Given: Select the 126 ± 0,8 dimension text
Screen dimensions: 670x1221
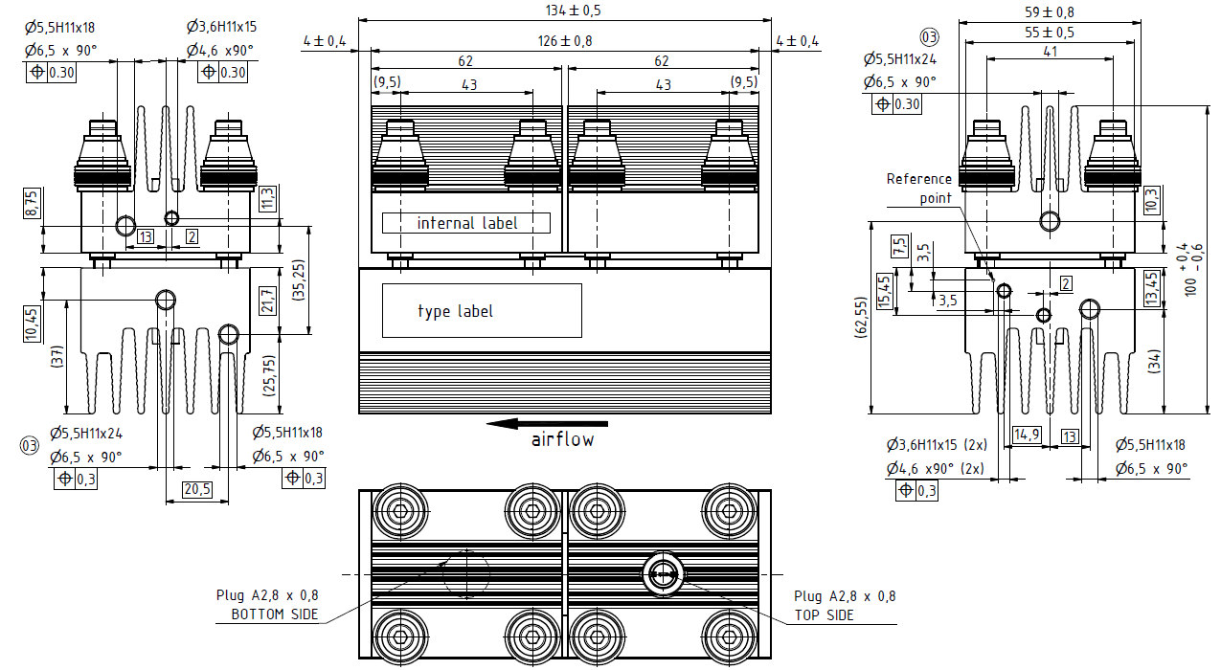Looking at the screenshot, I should (x=564, y=41).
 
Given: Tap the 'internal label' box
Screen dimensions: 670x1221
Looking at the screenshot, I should (x=466, y=223).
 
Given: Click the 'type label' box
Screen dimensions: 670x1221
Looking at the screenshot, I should (x=482, y=311).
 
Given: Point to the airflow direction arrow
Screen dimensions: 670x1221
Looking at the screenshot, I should (x=547, y=423).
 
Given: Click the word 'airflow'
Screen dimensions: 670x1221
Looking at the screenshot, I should (x=562, y=440).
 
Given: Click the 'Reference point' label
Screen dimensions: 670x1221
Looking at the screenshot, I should (x=919, y=188).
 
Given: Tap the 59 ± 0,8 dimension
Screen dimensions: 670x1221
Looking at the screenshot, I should (x=1050, y=11).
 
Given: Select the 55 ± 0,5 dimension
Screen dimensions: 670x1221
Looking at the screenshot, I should (x=1050, y=33).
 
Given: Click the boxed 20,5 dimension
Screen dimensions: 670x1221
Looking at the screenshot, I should (x=196, y=489).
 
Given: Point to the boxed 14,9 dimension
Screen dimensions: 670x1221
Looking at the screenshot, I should (x=1028, y=435).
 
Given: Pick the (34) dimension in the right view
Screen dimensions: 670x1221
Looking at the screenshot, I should (x=1153, y=363).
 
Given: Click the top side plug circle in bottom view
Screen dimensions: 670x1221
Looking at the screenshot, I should (x=662, y=574).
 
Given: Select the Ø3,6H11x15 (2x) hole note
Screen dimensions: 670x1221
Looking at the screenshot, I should (x=935, y=445).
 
